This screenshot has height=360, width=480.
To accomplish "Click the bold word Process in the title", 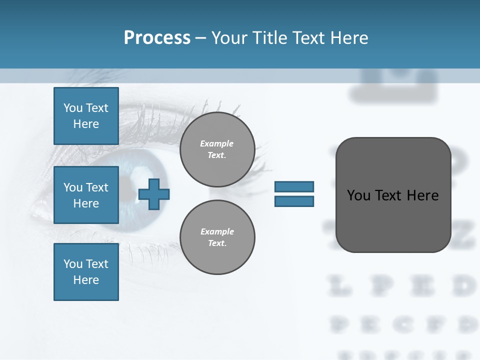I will click(x=157, y=37).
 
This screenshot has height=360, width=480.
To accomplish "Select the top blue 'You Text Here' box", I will click(x=86, y=116).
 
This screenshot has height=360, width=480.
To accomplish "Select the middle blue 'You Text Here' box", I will click(x=86, y=195).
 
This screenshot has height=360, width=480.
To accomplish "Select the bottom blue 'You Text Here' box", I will click(x=86, y=272).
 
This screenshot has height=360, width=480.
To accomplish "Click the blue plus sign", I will click(x=154, y=194).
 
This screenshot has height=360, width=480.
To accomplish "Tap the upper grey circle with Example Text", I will click(x=217, y=149).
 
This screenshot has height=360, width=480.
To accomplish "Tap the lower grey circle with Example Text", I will click(x=217, y=237).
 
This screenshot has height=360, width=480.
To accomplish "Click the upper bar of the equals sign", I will click(x=294, y=186).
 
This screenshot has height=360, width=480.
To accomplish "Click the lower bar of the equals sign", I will click(x=294, y=201).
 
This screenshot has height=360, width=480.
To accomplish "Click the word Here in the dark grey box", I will click(x=422, y=195).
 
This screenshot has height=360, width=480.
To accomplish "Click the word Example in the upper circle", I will click(x=217, y=143).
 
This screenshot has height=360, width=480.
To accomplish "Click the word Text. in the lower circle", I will click(x=217, y=243).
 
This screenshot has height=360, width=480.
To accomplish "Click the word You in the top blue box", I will click(x=73, y=108).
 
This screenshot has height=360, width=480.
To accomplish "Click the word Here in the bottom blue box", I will click(x=86, y=280).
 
